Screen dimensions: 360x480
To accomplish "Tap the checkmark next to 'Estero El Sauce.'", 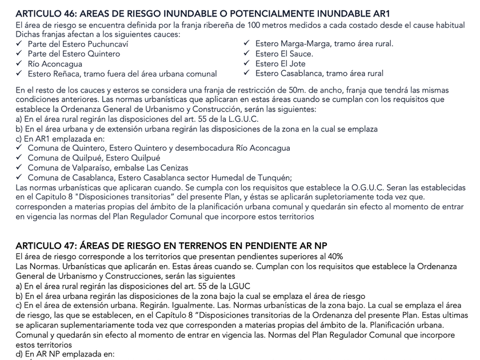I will pyautogui.click(x=247, y=54).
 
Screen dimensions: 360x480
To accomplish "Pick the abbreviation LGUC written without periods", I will pyautogui.click(x=239, y=286).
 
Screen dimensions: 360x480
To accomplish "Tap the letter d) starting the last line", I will pyautogui.click(x=21, y=354).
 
